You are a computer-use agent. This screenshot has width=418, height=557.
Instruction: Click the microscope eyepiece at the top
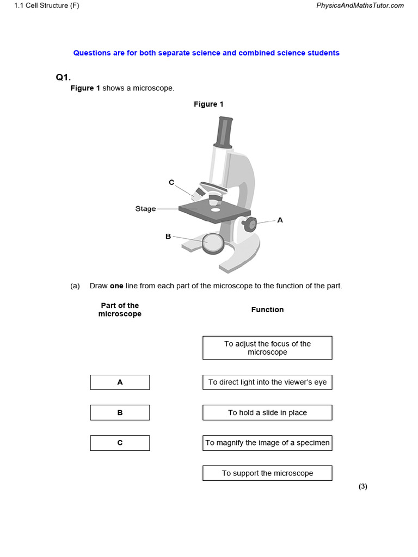click(x=224, y=132)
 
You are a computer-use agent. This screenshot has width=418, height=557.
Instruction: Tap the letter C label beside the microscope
click(x=171, y=182)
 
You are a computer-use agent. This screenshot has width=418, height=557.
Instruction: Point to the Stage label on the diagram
click(x=145, y=209)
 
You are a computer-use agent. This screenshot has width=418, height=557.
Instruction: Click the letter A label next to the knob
click(x=280, y=220)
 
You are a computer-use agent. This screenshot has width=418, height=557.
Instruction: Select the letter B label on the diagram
click(x=168, y=236)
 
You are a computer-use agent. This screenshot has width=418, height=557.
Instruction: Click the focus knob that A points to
click(x=250, y=224)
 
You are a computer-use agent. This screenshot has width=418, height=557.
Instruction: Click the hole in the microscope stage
click(x=216, y=209)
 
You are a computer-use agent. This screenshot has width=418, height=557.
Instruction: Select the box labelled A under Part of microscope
click(x=120, y=382)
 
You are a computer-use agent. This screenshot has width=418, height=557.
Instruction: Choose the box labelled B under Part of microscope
click(x=120, y=413)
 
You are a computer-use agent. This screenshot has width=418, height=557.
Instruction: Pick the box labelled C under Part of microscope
click(x=120, y=443)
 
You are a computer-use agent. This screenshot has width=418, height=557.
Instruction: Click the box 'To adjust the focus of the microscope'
click(x=267, y=348)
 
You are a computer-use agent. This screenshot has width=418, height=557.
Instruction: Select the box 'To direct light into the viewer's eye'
click(x=267, y=382)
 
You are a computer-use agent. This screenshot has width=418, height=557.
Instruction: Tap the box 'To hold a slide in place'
click(x=267, y=413)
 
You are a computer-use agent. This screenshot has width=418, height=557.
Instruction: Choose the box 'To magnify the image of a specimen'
click(x=267, y=443)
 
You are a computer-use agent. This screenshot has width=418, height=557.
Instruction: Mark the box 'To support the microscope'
click(x=267, y=473)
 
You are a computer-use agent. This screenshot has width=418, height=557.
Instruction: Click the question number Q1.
click(x=63, y=77)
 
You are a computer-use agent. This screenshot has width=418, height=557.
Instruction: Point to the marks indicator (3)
click(x=362, y=486)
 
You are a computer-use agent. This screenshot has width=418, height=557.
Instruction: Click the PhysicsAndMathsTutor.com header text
click(x=360, y=5)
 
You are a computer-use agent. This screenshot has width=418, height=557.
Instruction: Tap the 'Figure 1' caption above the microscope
click(x=208, y=104)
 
